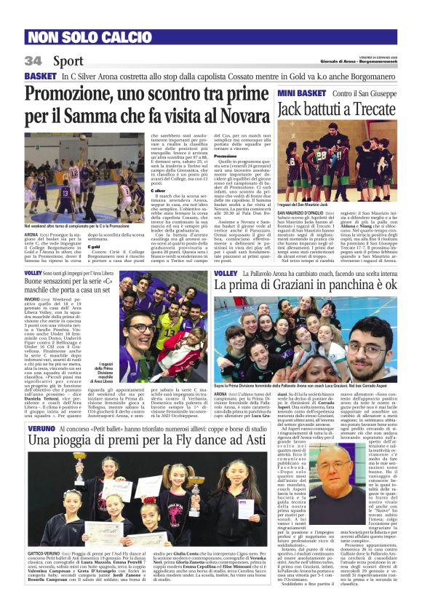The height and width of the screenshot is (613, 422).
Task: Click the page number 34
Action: tap(33, 60)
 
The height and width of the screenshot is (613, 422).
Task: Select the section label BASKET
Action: tap(40, 76)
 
